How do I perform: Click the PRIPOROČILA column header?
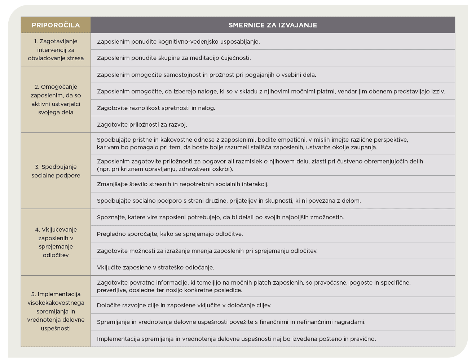pos(56,25)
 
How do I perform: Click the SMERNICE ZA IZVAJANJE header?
pos(273,25)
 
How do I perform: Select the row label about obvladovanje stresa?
pos(56,50)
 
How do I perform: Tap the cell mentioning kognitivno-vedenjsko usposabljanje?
pos(178,41)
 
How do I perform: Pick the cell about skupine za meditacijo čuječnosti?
pos(174,58)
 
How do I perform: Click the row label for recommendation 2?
pos(56,100)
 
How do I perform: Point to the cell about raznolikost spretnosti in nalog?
pos(156,108)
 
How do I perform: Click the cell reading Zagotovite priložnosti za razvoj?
pos(142,125)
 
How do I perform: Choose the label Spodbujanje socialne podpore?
pos(56,171)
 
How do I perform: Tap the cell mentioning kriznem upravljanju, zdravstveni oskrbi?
pos(260,165)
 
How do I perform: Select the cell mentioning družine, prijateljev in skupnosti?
pos(229,201)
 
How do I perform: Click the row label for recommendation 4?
pos(56,242)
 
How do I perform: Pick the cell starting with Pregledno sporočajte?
pos(170,234)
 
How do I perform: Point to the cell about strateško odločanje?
pos(155,268)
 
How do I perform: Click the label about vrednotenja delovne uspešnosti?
pos(56,311)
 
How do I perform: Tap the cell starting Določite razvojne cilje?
pos(184,306)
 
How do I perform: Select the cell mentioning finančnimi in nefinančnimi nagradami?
pos(231,322)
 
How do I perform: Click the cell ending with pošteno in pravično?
pos(236,339)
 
